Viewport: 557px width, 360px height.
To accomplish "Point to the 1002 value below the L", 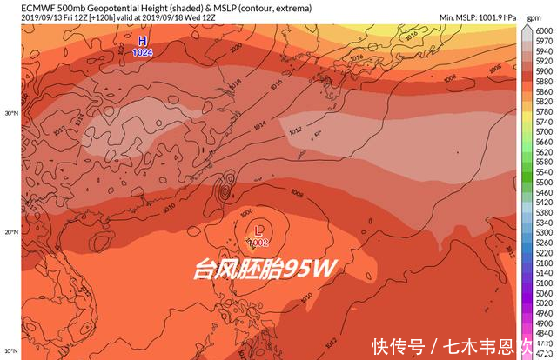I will (x=258, y=242).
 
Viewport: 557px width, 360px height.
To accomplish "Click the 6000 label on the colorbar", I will (x=542, y=29).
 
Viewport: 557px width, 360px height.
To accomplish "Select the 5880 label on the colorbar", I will (x=542, y=90).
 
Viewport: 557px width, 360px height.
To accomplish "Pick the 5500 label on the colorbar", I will (x=542, y=183).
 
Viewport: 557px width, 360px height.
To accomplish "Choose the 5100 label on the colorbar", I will (x=542, y=283).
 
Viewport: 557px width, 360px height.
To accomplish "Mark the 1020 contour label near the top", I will (x=237, y=50).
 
